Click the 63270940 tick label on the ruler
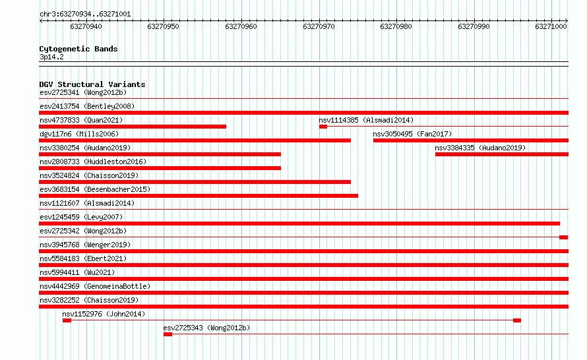coord(86,26)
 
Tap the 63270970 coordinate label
coord(319,26)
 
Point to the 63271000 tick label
coord(551,26)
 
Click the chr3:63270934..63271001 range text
coord(85,15)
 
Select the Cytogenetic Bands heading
coord(78,49)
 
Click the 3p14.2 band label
coord(51,57)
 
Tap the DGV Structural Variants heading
coord(92,84)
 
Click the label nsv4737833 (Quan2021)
coord(81,120)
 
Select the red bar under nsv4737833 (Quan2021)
coord(133,127)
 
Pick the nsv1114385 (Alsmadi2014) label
coord(366,120)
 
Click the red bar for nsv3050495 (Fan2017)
coord(470,140)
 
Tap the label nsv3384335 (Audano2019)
coord(480,148)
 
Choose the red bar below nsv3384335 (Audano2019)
coord(502,154)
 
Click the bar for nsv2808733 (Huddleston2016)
coord(160,168)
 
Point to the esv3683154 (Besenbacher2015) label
coord(95,189)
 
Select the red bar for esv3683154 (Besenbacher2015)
coord(199,196)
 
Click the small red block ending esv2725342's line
coord(563,237)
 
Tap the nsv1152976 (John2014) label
coord(104,314)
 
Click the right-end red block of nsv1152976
coord(517,320)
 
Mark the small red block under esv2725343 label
coord(168,334)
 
